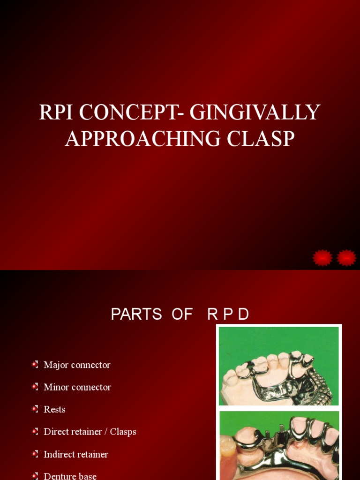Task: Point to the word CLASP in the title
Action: [x=267, y=138]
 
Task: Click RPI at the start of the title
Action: [x=57, y=112]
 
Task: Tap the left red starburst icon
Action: [x=322, y=258]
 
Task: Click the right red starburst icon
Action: [x=347, y=258]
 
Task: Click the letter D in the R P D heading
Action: [x=243, y=315]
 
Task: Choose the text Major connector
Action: [x=77, y=365]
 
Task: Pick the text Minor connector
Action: [x=77, y=387]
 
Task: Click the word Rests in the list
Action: [x=54, y=409]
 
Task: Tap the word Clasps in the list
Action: [x=123, y=432]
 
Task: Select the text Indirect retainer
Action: [x=76, y=454]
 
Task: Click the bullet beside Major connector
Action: [x=35, y=364]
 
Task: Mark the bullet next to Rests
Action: [x=35, y=409]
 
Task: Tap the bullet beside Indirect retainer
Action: [x=35, y=454]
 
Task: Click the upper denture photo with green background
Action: [x=278, y=366]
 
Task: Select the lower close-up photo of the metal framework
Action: [x=278, y=445]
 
